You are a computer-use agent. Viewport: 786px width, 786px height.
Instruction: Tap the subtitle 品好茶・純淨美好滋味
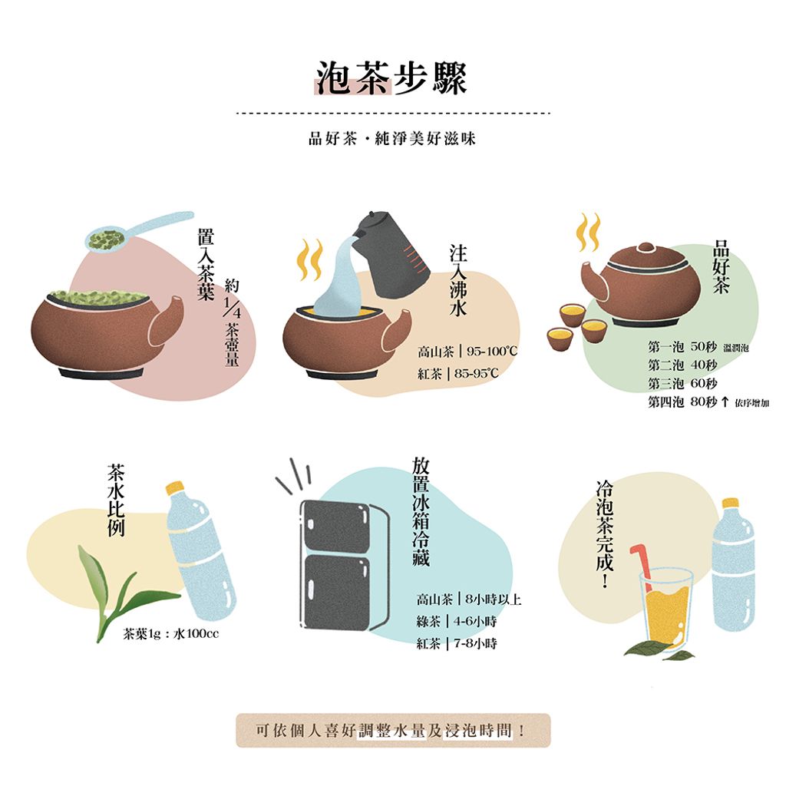[x=392, y=138]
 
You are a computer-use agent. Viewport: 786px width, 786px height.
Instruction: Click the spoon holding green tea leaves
[x=139, y=230]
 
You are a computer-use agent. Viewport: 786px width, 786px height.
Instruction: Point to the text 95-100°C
[x=492, y=351]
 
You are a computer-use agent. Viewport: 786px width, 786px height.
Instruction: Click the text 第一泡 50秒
[x=682, y=346]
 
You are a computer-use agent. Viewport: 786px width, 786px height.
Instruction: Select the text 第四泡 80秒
[x=682, y=401]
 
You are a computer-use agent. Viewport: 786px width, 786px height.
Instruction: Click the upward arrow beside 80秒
[x=725, y=401]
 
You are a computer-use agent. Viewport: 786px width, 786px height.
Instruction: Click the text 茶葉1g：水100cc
[x=171, y=634]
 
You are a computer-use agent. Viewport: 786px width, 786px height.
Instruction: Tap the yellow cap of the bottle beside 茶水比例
[x=175, y=487]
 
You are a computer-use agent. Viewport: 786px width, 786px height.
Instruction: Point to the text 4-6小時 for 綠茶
[x=475, y=621]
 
